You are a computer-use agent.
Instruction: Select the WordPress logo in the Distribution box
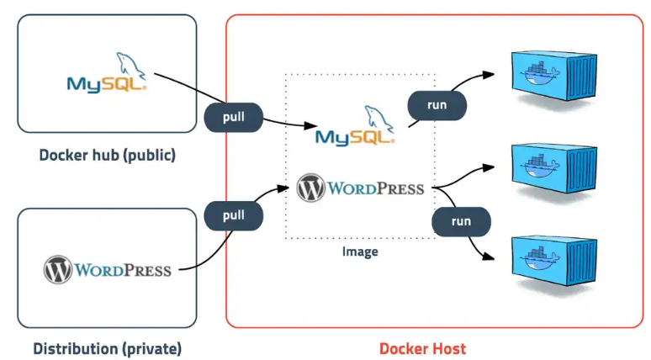click(107, 270)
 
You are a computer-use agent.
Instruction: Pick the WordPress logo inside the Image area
click(360, 188)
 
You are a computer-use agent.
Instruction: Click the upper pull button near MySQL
click(234, 117)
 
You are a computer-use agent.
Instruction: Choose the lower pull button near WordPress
click(234, 215)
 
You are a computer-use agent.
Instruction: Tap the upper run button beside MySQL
click(437, 105)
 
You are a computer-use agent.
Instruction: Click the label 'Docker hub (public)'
click(107, 156)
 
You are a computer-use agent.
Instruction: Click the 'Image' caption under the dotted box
click(360, 251)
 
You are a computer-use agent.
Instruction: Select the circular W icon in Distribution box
click(58, 270)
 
